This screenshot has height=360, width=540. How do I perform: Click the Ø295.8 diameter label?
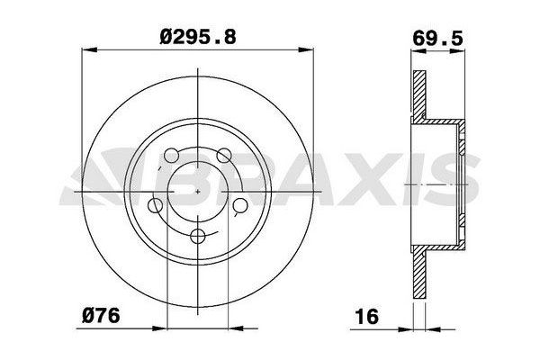(x=198, y=37)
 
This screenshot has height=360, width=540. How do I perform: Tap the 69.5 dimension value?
(x=437, y=38)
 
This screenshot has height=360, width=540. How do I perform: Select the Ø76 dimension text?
(x=101, y=316)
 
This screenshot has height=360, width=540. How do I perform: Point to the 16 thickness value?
(x=367, y=316)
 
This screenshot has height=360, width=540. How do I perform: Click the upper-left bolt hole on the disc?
(x=171, y=156)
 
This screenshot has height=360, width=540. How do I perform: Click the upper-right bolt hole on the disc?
(x=224, y=156)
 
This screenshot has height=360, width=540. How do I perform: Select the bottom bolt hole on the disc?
(x=198, y=237)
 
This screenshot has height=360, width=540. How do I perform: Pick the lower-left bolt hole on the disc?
(x=155, y=205)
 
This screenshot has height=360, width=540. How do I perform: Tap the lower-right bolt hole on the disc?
(x=240, y=205)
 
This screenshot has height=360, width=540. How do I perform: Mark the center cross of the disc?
(x=198, y=191)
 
